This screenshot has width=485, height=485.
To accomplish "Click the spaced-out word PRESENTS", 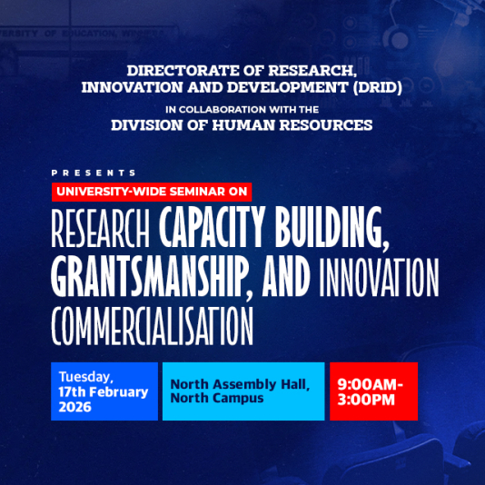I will [x=94, y=173].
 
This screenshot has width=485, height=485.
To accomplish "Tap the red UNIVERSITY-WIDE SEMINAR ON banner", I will [x=151, y=191].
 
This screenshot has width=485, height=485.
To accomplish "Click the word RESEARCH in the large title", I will [x=100, y=232].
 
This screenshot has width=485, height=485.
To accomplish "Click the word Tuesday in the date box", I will [x=86, y=377].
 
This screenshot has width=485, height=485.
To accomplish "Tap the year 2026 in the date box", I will [x=75, y=407].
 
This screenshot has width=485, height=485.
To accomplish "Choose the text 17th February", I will [x=103, y=392].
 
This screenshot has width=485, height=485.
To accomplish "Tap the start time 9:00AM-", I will [x=371, y=383].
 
